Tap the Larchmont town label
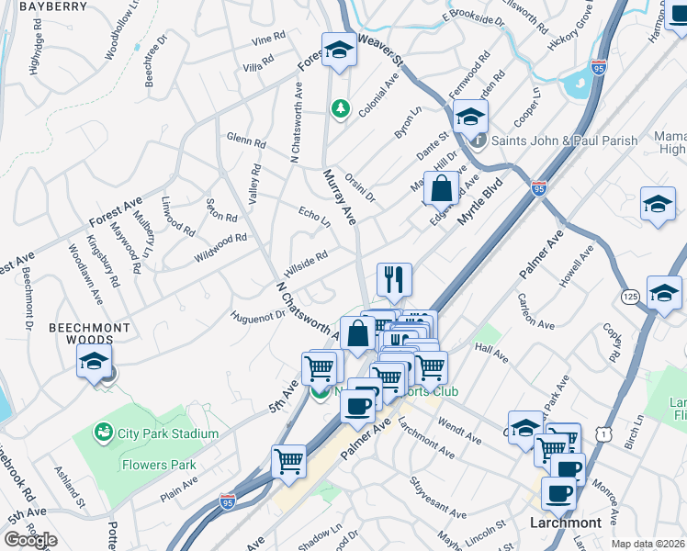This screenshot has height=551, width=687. (x=566, y=523)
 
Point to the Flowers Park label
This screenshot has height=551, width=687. (x=159, y=465)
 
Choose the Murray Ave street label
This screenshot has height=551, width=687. (x=339, y=197)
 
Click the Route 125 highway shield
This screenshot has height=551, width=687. (x=630, y=297)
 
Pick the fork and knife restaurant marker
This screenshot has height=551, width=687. (x=395, y=279)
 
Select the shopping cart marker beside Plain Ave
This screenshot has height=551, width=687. (x=288, y=460)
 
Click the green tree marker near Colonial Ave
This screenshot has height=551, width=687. (x=341, y=109)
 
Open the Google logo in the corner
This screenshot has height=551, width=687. (x=30, y=540)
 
